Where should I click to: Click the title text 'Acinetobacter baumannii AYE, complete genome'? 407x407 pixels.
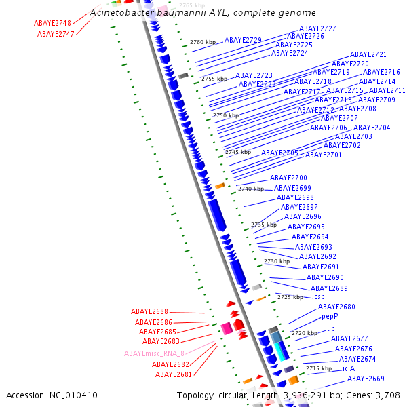[203, 13]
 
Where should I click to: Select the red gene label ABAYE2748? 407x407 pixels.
[52, 23]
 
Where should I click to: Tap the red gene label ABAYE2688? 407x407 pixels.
[149, 312]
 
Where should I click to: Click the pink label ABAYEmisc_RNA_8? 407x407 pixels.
[154, 353]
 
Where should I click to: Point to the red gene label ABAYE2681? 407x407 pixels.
[174, 374]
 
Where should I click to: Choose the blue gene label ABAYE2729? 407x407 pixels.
[243, 41]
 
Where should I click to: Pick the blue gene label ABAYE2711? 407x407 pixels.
[387, 91]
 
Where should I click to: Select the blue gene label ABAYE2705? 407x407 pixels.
[279, 153]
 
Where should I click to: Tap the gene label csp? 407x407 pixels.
[319, 297]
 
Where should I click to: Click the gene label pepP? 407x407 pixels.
[330, 316]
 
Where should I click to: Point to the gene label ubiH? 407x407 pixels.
[334, 328]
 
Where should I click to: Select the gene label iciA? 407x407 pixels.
[349, 368]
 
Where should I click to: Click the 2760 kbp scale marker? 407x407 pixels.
[203, 42]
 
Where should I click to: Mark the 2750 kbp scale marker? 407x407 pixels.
[226, 116]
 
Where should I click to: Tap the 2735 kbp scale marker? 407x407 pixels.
[264, 225]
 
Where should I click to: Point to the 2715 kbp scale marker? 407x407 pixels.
[319, 368]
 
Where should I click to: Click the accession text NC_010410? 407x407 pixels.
[52, 395]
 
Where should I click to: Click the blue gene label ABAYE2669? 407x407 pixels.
[366, 379]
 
